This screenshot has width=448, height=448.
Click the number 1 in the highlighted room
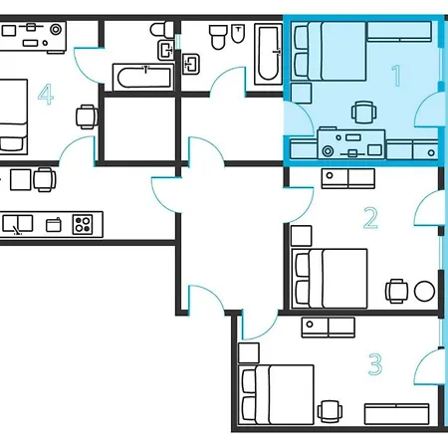click(x=397, y=76)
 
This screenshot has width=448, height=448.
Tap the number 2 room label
click(x=370, y=218)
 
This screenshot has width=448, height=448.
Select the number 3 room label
click(x=375, y=364)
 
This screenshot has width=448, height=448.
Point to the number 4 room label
click(x=46, y=95)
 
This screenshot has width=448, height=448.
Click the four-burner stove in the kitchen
click(x=83, y=224)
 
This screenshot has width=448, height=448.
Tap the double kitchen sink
click(x=18, y=223)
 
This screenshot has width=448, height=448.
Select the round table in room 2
click(x=424, y=291)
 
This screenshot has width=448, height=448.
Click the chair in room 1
click(x=364, y=112)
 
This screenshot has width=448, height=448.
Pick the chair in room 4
click(x=87, y=116)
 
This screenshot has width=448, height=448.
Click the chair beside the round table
click(x=396, y=291)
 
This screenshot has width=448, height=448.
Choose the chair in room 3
click(x=330, y=412)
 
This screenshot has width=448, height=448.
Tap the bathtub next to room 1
click(x=268, y=54)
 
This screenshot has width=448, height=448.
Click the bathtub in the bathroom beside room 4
click(x=143, y=78)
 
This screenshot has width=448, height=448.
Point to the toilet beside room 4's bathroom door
click(x=161, y=29)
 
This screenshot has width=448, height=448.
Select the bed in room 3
click(x=276, y=394)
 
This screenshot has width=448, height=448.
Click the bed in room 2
click(x=330, y=279)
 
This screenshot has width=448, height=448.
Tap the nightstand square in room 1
click(x=302, y=94)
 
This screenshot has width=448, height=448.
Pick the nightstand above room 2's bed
click(x=302, y=236)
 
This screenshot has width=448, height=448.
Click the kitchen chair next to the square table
click(x=45, y=179)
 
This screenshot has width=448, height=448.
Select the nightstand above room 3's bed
click(x=249, y=353)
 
